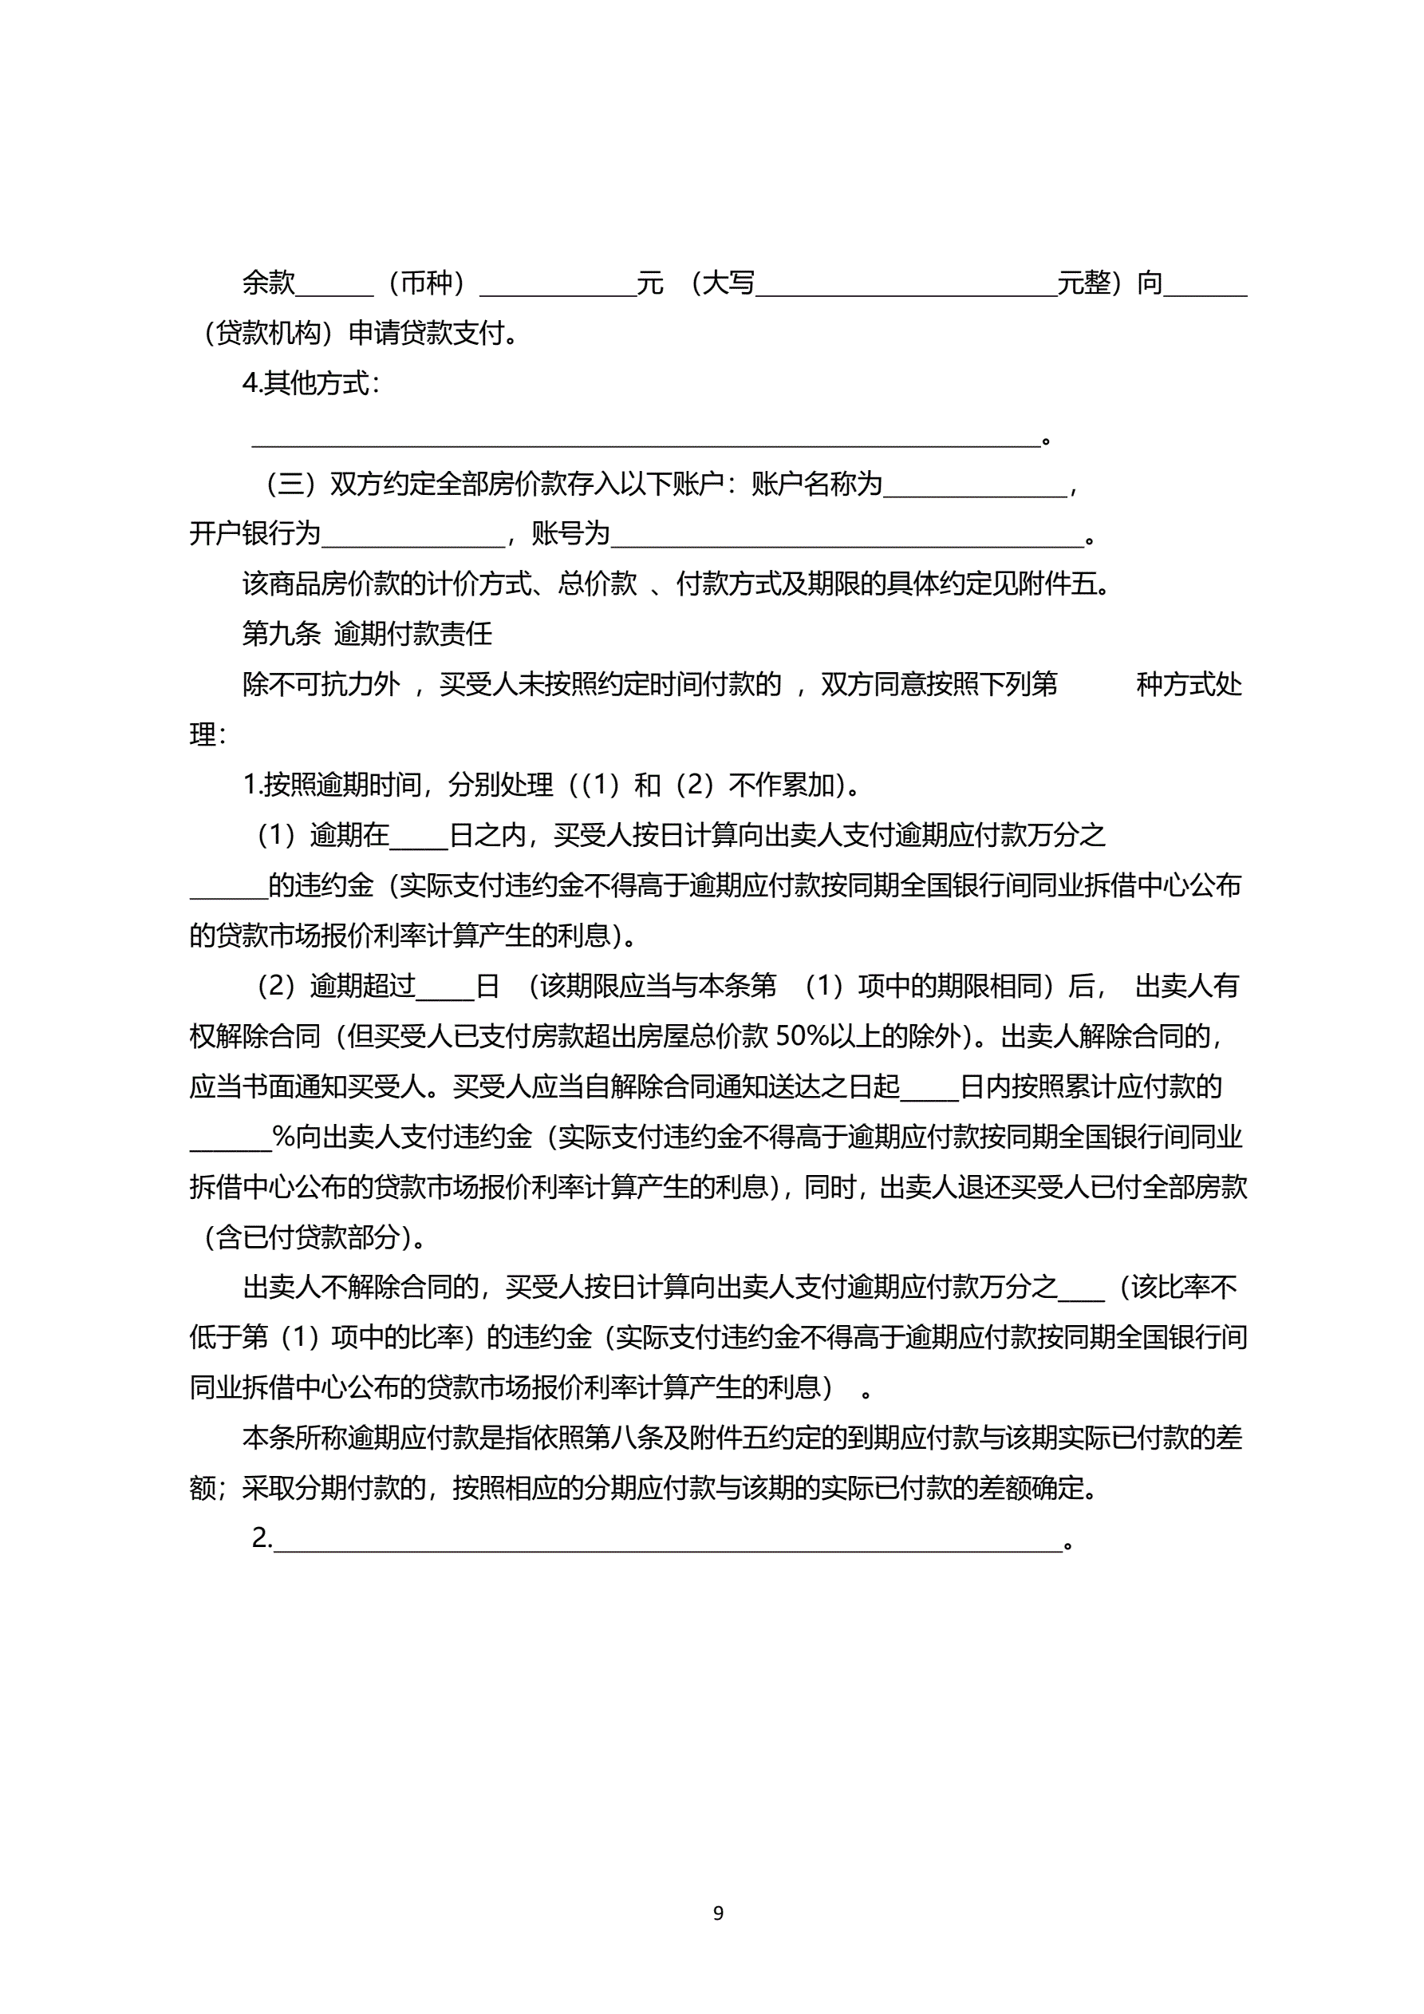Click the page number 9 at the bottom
[718, 1913]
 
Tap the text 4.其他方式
[310, 383]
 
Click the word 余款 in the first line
[268, 283]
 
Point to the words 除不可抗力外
[321, 684]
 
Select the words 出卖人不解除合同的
[361, 1288]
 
